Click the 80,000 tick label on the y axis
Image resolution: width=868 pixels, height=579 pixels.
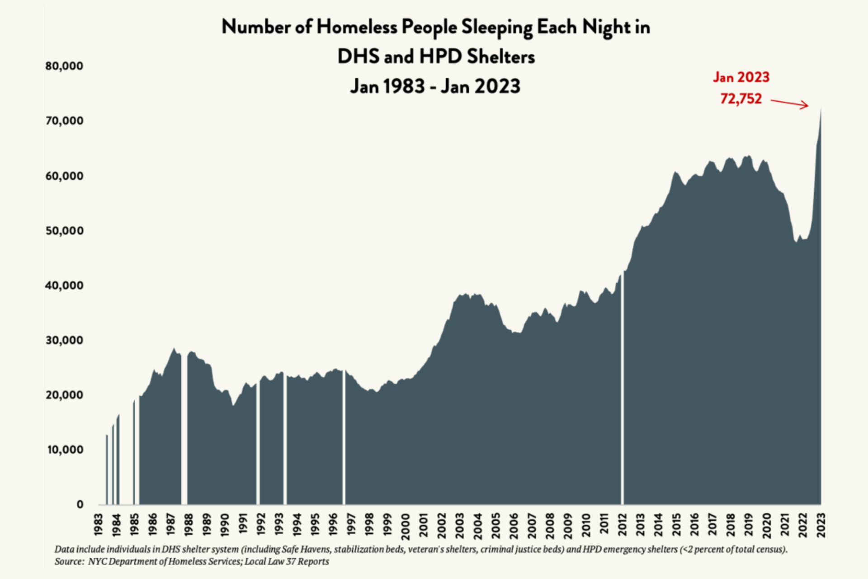tap(64, 66)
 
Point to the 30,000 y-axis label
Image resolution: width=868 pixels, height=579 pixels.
tap(64, 340)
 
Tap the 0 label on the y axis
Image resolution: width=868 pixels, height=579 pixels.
tap(80, 504)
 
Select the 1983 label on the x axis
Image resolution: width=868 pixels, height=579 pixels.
tap(99, 525)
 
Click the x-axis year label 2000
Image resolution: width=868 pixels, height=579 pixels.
tap(406, 526)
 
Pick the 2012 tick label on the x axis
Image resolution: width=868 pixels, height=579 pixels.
tap(623, 525)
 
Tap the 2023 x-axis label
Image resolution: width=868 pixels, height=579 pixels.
tap(821, 525)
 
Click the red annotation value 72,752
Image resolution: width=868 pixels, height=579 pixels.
tap(741, 99)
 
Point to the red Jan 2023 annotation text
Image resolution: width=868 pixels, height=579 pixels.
tap(741, 77)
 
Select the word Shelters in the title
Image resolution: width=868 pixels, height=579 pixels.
tap(500, 57)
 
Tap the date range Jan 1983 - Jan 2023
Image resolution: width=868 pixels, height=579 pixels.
tap(435, 86)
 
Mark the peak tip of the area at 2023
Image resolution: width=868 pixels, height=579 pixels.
tap(821, 109)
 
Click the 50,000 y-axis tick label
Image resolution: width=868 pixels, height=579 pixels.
tap(64, 231)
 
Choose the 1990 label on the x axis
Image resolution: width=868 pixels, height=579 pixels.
tap(225, 525)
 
